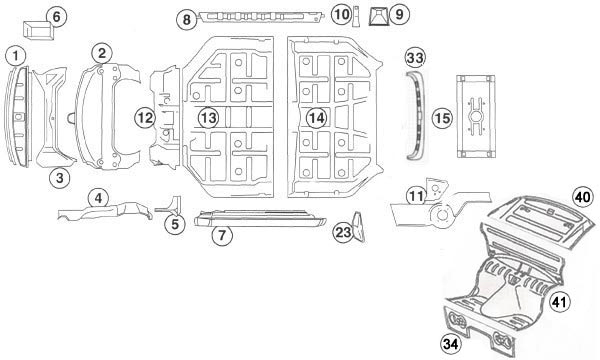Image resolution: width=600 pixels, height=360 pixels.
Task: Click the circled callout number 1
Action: tap(16, 54)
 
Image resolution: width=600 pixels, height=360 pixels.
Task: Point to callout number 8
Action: tap(187, 19)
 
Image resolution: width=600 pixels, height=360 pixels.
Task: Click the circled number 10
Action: tap(341, 15)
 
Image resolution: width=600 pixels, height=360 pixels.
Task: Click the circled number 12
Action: tap(146, 118)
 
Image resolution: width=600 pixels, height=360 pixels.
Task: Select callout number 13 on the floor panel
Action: tap(207, 118)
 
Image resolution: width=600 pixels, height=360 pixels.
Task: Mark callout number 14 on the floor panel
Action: tap(316, 118)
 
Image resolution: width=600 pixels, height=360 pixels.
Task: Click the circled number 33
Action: tap(415, 57)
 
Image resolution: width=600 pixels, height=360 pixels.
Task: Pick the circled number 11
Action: tap(416, 195)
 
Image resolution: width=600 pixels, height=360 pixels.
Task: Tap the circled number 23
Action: tap(343, 232)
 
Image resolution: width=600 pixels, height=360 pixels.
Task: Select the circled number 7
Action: tap(222, 235)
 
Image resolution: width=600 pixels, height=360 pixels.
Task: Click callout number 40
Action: tap(582, 195)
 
